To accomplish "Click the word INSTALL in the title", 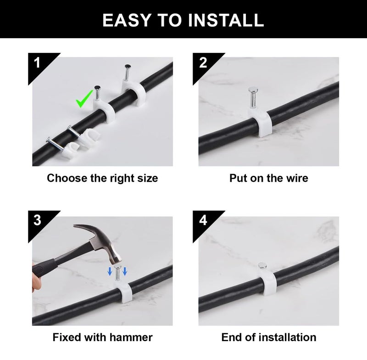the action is tap(226, 20).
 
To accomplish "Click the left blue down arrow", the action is tap(110, 271).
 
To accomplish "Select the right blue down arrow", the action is tap(125, 271).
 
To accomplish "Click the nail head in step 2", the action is tap(253, 89).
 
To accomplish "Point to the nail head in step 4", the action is tap(262, 265).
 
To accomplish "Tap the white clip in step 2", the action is tap(259, 124).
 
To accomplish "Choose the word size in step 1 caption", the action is tap(147, 178).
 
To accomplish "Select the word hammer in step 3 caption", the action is tap(131, 337).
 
